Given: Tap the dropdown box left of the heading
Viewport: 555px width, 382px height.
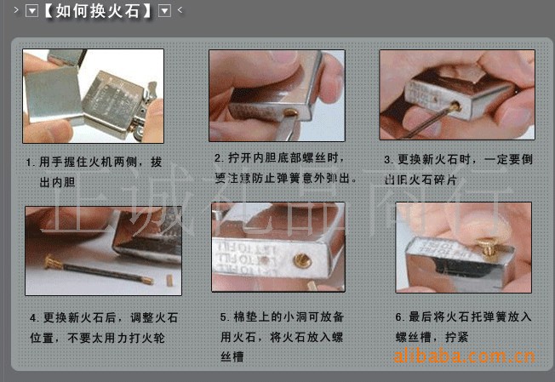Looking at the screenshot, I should coord(31,11).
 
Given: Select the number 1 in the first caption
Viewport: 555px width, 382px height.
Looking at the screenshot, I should coord(30,160).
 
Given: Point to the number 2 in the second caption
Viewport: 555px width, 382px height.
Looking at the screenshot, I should coord(217,158).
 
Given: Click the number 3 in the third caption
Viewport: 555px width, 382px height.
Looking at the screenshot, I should coord(387,159).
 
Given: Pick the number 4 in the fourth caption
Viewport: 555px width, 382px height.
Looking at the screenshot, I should coord(33,318).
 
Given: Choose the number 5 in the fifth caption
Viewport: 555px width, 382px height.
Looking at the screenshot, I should coord(223,316).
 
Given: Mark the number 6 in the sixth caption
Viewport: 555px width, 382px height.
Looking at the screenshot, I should coord(398,316).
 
